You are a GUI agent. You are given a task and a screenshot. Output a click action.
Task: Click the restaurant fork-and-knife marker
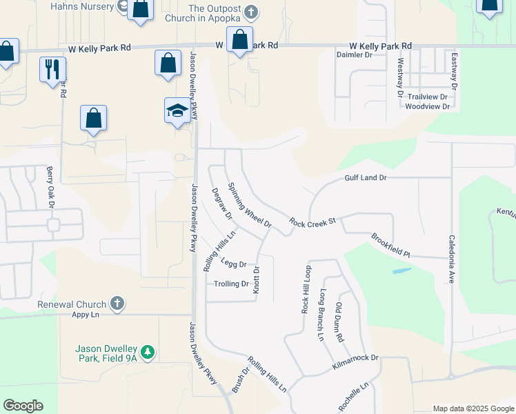(53, 70)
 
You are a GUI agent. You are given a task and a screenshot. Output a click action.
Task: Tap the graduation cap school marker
(177, 110)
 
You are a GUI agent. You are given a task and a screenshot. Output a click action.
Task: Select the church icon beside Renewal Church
(118, 304)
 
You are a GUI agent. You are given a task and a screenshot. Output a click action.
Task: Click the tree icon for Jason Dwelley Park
(147, 353)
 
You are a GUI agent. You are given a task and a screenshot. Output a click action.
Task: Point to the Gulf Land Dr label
(366, 178)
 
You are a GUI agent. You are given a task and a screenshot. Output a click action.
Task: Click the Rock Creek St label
(312, 221)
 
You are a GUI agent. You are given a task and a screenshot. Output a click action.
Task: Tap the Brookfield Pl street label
(390, 245)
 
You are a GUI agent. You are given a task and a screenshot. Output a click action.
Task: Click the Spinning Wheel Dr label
(250, 205)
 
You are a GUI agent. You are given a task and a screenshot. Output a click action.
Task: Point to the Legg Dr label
(234, 263)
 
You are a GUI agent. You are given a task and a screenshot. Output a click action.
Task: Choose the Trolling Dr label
(231, 284)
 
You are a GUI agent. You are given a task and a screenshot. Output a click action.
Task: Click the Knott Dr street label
(256, 280)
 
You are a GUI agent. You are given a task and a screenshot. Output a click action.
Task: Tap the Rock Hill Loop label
(306, 290)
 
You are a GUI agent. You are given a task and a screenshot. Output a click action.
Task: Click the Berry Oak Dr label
(50, 186)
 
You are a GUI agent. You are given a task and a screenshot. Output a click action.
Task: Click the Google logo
(23, 406)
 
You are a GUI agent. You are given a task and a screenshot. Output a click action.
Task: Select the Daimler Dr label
(354, 55)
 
